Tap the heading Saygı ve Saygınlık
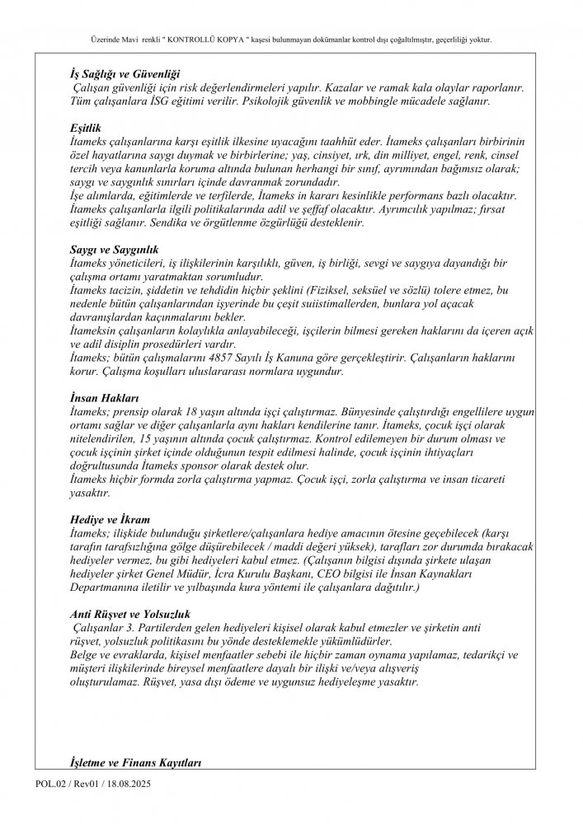(x=113, y=248)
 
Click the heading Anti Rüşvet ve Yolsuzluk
(x=130, y=614)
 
